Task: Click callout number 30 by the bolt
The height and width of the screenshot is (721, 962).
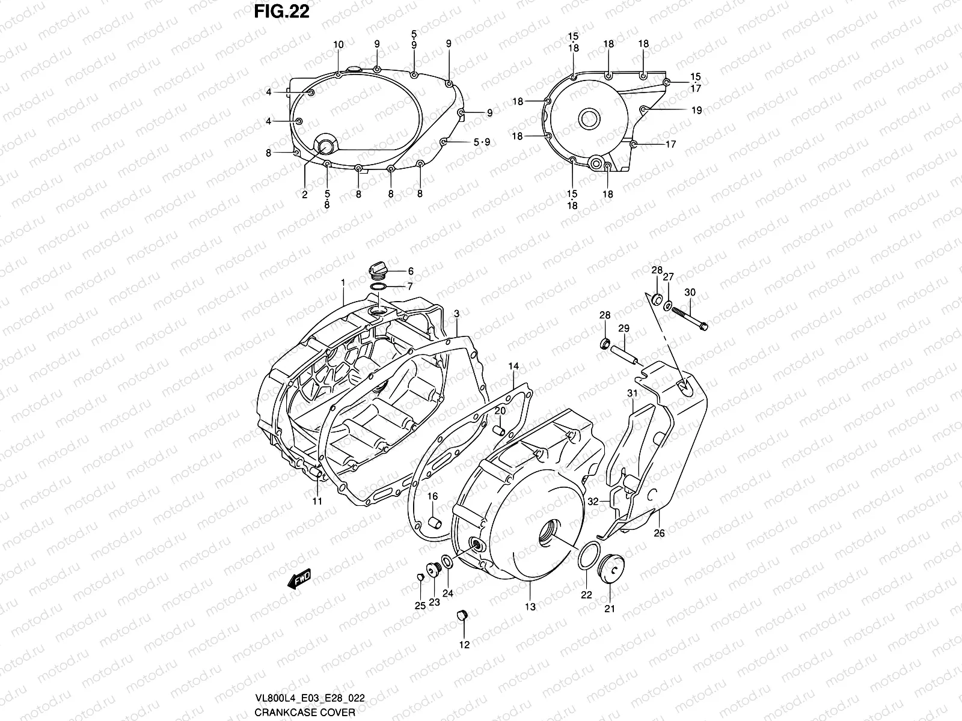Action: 690,293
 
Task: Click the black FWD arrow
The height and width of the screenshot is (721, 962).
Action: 299,579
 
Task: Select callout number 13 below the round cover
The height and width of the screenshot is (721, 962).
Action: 530,607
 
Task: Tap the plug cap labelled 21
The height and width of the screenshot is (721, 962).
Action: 609,568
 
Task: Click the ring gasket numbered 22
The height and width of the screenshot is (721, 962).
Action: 588,556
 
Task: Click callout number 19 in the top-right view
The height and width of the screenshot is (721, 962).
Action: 696,110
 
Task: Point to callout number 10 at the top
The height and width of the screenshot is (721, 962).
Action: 339,44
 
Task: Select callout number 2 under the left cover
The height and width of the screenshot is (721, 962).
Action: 305,195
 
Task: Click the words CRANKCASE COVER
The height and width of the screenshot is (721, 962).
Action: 305,712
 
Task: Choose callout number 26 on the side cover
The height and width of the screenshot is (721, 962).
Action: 659,532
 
